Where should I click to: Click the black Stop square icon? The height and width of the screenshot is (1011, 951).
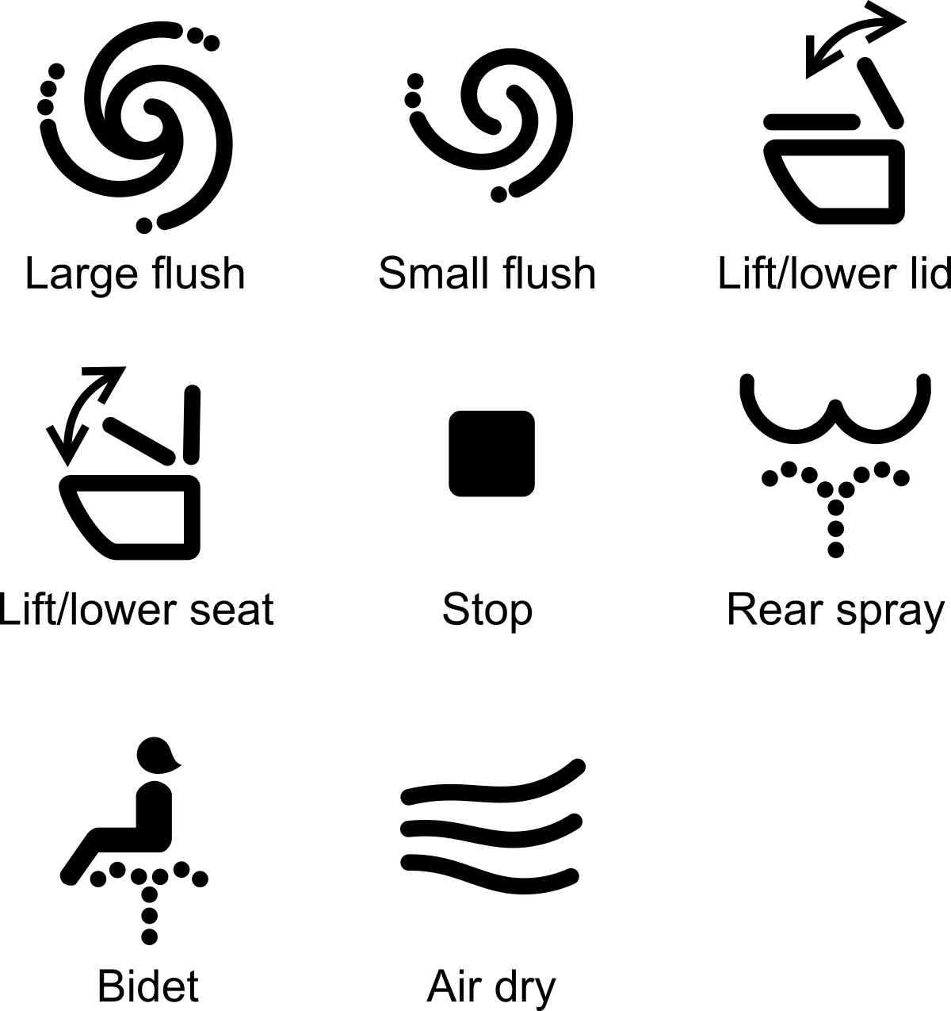click(491, 454)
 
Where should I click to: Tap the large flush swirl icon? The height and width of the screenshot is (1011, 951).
click(136, 127)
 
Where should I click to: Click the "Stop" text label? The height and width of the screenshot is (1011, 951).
click(487, 610)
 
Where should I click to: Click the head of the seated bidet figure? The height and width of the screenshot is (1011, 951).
click(156, 754)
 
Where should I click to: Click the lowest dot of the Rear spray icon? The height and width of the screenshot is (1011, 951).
click(835, 548)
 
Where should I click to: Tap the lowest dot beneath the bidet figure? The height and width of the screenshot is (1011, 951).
click(149, 936)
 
